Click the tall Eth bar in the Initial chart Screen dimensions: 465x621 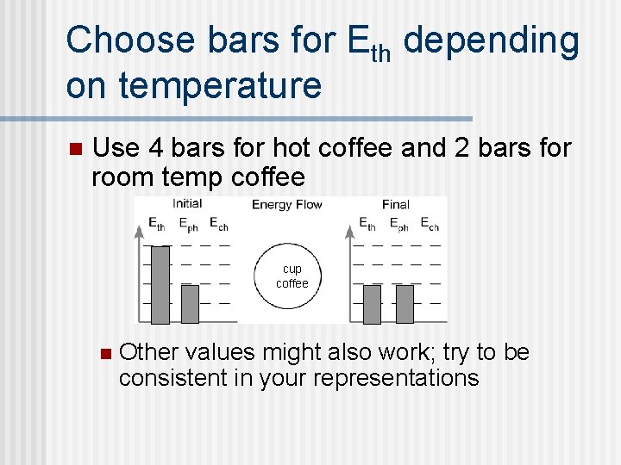[160, 285]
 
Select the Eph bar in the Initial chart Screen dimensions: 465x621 [190, 304]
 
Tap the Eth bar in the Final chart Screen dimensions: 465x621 [372, 304]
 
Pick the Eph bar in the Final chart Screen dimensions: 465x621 [404, 304]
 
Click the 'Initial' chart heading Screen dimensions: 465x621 [187, 204]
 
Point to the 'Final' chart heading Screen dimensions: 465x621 [395, 205]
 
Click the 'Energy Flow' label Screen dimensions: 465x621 [286, 205]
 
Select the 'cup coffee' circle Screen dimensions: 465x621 [292, 276]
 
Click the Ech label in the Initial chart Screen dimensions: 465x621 [218, 224]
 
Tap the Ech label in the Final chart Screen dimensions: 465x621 [429, 224]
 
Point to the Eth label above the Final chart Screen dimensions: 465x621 [368, 224]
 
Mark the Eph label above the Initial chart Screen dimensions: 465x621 [188, 224]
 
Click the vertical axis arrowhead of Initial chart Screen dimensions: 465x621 [140, 231]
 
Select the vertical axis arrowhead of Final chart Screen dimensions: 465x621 [350, 231]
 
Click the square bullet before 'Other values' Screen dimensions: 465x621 [105, 353]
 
